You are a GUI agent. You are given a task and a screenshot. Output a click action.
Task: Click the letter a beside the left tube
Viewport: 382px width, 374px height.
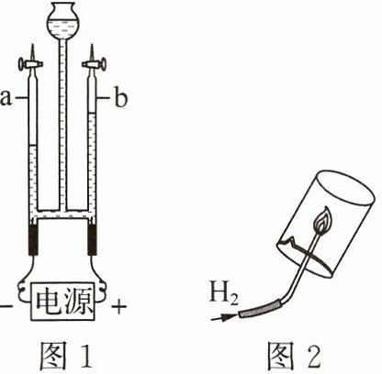[6, 98]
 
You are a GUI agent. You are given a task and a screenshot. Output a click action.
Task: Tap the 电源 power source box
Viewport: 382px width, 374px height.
[63, 301]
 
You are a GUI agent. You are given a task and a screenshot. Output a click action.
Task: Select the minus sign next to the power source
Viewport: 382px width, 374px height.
[3, 305]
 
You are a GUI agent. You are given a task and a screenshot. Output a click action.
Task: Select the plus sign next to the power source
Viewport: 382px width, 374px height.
[118, 306]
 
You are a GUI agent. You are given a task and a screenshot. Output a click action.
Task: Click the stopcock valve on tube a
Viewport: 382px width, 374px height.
[30, 64]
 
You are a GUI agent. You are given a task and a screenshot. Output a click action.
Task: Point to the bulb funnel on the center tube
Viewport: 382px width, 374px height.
[63, 20]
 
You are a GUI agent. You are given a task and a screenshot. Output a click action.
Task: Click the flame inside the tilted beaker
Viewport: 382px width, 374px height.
[323, 220]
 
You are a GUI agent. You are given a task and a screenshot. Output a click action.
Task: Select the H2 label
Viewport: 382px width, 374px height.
[223, 292]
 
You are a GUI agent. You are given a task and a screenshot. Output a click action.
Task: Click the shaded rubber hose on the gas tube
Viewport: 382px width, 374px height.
[260, 308]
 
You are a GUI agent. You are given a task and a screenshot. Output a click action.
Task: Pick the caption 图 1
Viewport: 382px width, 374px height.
[66, 355]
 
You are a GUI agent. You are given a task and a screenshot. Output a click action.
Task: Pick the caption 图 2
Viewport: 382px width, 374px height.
[294, 355]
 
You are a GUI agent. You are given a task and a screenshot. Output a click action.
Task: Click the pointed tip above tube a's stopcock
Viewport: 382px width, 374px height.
[32, 45]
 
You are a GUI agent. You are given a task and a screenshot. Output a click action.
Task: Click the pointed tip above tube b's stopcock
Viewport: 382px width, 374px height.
[92, 45]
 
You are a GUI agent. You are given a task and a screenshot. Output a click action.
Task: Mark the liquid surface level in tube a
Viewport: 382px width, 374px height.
[32, 145]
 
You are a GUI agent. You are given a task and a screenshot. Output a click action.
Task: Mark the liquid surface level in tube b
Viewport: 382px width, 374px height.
[92, 114]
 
